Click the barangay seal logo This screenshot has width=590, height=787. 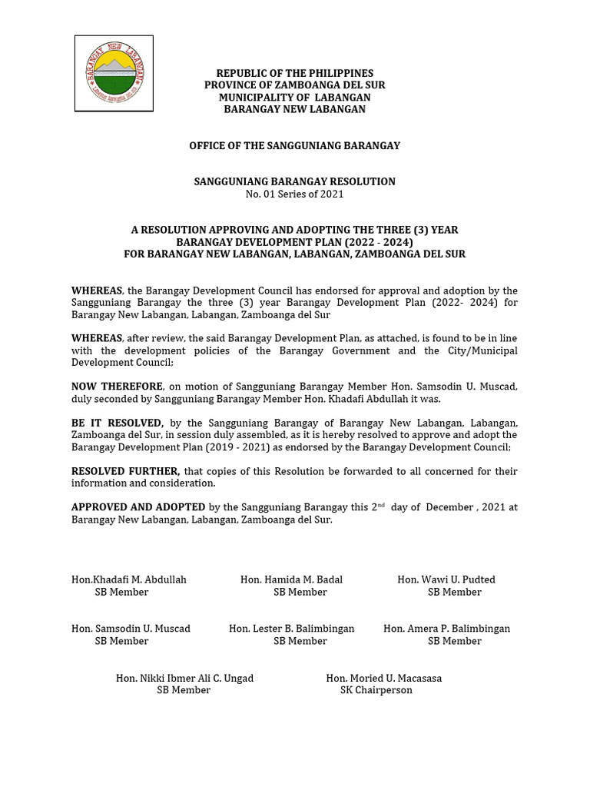pyautogui.click(x=114, y=74)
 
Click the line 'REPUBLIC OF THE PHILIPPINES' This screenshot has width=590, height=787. pyautogui.click(x=294, y=73)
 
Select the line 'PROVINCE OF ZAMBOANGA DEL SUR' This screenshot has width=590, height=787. pyautogui.click(x=294, y=85)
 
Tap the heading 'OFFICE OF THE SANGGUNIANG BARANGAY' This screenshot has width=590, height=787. pyautogui.click(x=294, y=145)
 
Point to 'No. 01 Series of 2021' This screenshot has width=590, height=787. pyautogui.click(x=294, y=194)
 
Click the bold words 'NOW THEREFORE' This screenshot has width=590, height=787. pyautogui.click(x=117, y=387)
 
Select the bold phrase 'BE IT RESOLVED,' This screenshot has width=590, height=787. pyautogui.click(x=118, y=423)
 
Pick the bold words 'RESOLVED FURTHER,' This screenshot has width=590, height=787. pyautogui.click(x=125, y=471)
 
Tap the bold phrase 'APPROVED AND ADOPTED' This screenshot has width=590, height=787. pyautogui.click(x=138, y=507)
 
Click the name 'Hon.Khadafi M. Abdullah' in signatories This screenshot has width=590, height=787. pyautogui.click(x=129, y=579)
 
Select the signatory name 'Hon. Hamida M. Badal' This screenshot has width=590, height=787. pyautogui.click(x=291, y=579)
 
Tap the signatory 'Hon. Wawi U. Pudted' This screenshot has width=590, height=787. pyautogui.click(x=446, y=579)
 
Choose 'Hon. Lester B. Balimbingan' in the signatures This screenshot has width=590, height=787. pyautogui.click(x=292, y=629)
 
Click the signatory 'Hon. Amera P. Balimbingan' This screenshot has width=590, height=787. pyautogui.click(x=446, y=629)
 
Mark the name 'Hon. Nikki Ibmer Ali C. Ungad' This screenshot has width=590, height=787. pyautogui.click(x=184, y=678)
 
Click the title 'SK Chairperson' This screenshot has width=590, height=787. pyautogui.click(x=376, y=690)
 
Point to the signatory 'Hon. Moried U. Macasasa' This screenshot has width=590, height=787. pyautogui.click(x=384, y=678)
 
